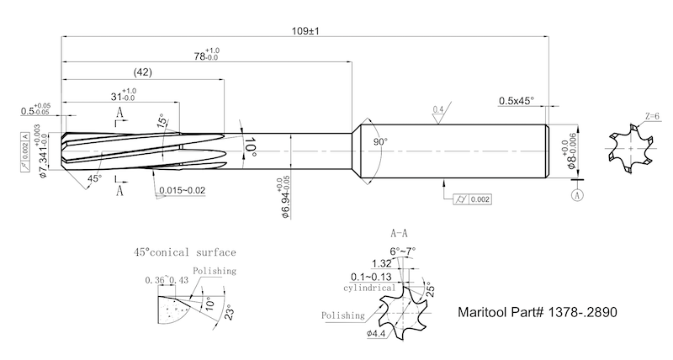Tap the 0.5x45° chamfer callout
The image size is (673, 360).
pos(516,100)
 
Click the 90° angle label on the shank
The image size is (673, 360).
pos(380,143)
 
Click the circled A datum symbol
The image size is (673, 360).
pos(577,195)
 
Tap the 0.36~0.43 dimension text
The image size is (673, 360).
pos(166,280)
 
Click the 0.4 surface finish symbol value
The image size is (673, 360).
pos(437,110)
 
